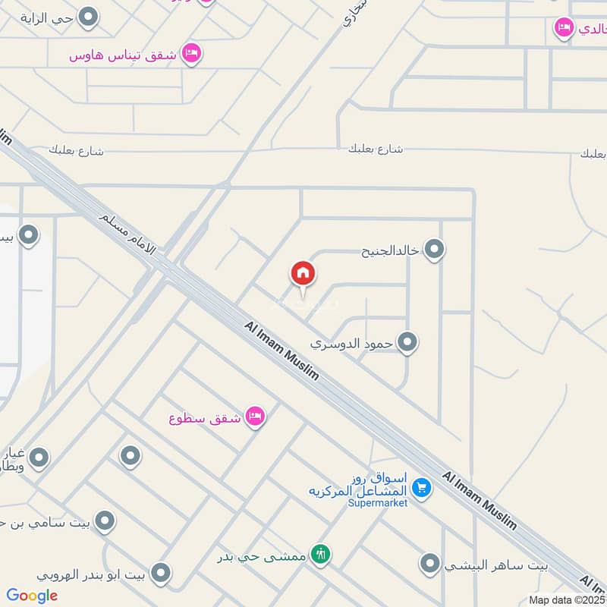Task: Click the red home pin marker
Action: point(303,274)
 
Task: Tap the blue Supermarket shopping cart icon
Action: point(423,487)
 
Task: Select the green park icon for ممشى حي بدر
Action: point(321,555)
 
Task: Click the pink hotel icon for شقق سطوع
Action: point(255,417)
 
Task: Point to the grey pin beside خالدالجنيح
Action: point(434,249)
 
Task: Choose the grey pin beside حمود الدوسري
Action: point(407,343)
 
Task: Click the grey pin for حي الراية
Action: point(90,16)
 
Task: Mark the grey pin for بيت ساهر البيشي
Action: point(430,564)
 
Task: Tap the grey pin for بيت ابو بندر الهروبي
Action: point(160,573)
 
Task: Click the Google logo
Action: point(32,596)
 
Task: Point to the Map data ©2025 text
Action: point(567,599)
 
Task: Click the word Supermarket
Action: point(378,502)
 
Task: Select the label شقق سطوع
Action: point(205,417)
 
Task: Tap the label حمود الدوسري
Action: point(352,343)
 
